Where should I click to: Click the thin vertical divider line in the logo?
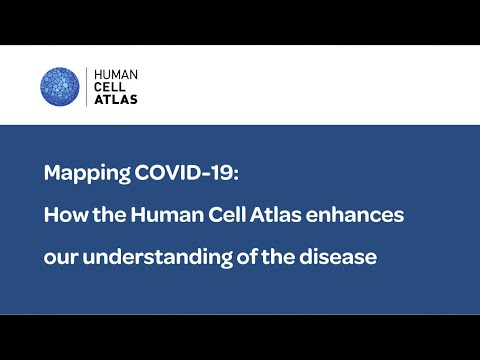click(86, 86)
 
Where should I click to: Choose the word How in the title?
click(64, 214)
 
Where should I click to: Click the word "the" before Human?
click(107, 214)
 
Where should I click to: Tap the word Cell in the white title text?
click(218, 214)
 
